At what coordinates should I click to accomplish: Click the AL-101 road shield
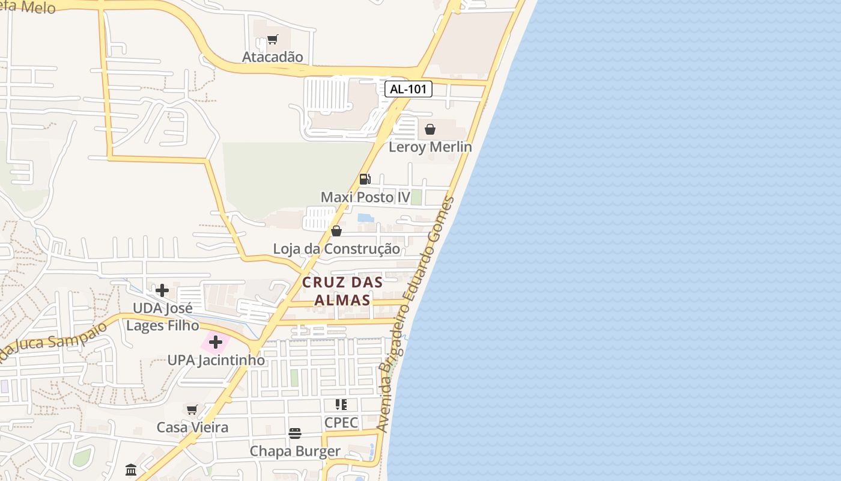pos(408,90)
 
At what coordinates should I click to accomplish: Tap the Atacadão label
pos(273,57)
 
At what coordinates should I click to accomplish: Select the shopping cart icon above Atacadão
pos(273,40)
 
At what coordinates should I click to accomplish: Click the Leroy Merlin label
pos(430,147)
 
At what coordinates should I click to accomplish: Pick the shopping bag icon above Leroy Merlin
pos(430,129)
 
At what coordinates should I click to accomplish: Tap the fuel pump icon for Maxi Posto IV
pos(365,179)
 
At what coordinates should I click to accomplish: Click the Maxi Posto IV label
pos(365,197)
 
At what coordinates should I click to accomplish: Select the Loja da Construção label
pos(336,249)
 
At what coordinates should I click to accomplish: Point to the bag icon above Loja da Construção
pos(336,231)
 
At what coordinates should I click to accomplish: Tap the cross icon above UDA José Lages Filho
pos(162,291)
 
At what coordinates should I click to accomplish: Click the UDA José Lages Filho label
pos(162,317)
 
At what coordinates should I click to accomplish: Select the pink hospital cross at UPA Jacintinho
pos(216,343)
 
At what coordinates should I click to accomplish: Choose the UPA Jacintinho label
pos(216,361)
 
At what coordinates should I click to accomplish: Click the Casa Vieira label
pos(192,427)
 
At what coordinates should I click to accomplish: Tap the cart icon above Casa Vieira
pos(192,410)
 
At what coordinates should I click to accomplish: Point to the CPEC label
pos(341,423)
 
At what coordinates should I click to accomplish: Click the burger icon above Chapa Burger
pos(295,434)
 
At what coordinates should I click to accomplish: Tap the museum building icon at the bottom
pos(131,470)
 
